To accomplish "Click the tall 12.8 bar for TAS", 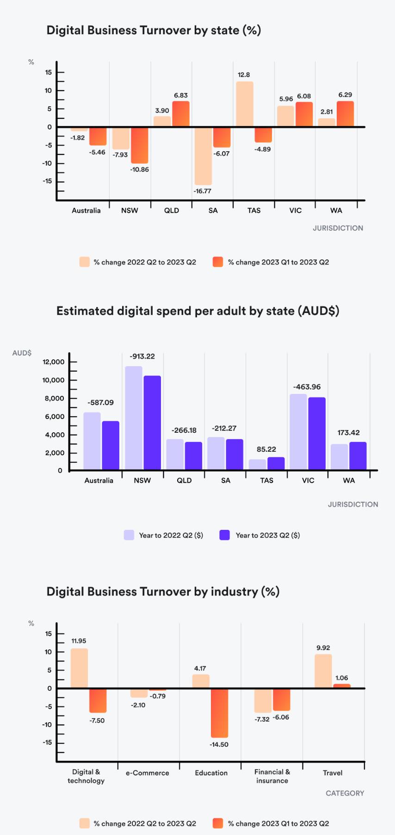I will click(x=245, y=104).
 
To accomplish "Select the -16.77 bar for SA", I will click(x=203, y=156).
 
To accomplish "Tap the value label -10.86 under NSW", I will click(x=139, y=170).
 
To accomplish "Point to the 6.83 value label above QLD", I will click(x=181, y=95).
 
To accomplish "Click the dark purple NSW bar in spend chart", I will click(x=152, y=423).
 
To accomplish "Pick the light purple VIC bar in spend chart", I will click(x=298, y=432).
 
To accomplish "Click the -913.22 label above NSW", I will click(x=142, y=356).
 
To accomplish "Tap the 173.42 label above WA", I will click(x=348, y=433).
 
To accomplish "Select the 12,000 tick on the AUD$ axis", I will click(x=54, y=362).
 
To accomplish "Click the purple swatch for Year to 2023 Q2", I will click(x=225, y=535).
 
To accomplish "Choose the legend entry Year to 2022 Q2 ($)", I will click(x=171, y=535).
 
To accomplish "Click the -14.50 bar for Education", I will click(x=219, y=712).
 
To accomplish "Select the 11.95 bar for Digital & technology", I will click(x=79, y=668).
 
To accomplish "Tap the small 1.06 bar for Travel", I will click(x=342, y=686).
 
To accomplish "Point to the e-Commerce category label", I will click(x=147, y=773).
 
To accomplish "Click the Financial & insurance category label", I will click(x=272, y=776).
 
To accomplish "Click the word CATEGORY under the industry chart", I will click(x=345, y=793).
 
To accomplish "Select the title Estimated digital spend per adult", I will click(x=197, y=311).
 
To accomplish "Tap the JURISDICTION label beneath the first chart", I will click(x=338, y=228).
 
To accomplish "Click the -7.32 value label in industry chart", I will click(x=262, y=719).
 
